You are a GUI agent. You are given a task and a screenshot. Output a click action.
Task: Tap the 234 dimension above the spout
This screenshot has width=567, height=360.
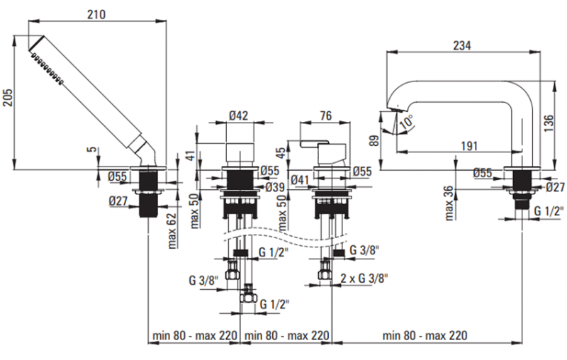[x=461, y=45]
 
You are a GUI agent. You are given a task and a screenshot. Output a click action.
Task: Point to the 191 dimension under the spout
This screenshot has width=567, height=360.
[x=467, y=145]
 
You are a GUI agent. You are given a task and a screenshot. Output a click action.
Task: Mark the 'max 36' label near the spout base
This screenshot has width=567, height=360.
[x=449, y=204]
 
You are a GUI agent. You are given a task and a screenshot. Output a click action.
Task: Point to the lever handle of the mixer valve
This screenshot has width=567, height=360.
[x=313, y=146]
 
